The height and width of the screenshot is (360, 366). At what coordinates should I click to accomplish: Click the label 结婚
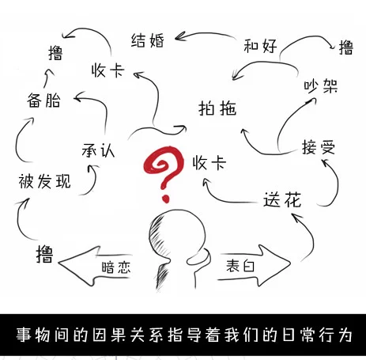tap(148, 40)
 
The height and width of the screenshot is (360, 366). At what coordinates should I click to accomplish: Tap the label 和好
tap(260, 46)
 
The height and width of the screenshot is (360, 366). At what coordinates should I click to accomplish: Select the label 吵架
tap(321, 85)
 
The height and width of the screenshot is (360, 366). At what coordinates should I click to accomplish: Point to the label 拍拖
tap(217, 108)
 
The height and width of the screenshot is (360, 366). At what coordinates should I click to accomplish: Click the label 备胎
tap(43, 100)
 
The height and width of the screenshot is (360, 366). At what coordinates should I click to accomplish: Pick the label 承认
tap(98, 150)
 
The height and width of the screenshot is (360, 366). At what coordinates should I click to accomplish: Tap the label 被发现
tap(45, 181)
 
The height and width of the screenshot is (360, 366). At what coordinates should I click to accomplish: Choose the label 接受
tap(319, 147)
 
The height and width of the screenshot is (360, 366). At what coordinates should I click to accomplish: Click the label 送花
tap(282, 199)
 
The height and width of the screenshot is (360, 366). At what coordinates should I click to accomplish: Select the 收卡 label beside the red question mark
tap(209, 162)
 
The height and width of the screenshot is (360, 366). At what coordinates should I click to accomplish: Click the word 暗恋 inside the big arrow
tap(116, 267)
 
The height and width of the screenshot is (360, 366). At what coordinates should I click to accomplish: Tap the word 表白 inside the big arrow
tap(240, 265)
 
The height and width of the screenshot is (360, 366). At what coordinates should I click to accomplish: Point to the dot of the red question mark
tap(165, 199)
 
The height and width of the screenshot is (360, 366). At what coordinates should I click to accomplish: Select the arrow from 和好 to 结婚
tap(206, 36)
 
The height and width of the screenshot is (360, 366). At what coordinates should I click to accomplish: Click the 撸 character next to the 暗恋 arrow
tap(44, 254)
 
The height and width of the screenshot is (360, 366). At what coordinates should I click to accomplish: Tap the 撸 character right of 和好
tap(346, 47)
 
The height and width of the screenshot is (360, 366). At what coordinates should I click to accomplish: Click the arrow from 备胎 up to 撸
tap(47, 78)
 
